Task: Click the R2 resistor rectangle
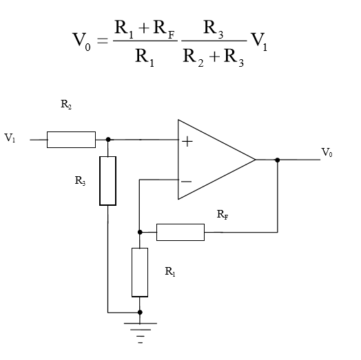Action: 71,139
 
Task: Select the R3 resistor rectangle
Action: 107,180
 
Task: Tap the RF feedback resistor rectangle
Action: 180,232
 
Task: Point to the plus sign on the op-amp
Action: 186,141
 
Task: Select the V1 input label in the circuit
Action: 10,138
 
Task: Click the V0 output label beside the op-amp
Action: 327,153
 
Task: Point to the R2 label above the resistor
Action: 65,105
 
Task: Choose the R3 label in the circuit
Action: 80,181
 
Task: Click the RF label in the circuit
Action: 223,215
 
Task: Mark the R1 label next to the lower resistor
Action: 170,272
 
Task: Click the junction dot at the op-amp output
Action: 277,160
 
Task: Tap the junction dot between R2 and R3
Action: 107,139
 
